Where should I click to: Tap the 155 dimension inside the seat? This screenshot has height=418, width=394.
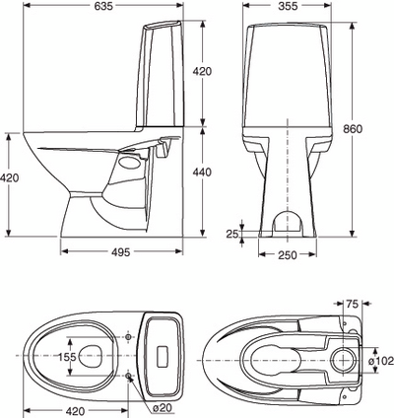pyautogui.click(x=65, y=358)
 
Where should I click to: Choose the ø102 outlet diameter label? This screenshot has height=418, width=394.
pyautogui.click(x=380, y=361)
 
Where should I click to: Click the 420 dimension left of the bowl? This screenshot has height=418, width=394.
pyautogui.click(x=10, y=178)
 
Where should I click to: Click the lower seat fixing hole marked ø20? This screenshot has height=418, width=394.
pyautogui.click(x=131, y=375)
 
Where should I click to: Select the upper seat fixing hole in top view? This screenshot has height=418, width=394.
pyautogui.click(x=131, y=335)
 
